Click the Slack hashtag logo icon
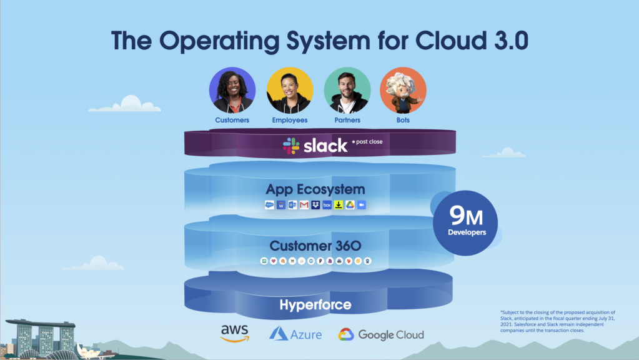pos(290,146)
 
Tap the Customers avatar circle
pos(232,90)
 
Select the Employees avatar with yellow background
pos(290,90)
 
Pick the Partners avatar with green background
pos(347,90)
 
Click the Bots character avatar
pos(403,90)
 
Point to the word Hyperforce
pos(315,305)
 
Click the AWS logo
pos(234,332)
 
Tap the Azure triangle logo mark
pos(278,334)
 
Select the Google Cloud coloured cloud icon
pos(347,334)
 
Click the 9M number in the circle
pos(465,216)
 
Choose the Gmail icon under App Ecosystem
pos(304,205)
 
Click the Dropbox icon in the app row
pos(315,205)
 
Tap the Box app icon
pos(327,205)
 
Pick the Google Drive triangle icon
pos(350,205)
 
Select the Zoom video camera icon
pos(361,205)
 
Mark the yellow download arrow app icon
pos(339,205)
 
